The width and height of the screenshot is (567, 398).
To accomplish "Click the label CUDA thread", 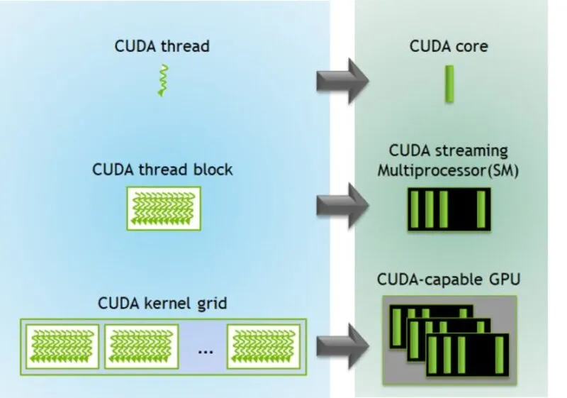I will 162,47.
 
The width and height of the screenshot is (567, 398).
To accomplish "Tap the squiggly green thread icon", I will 163,79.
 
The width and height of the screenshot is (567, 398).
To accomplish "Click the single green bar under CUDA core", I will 449,84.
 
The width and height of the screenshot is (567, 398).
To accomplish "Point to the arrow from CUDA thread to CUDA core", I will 342,82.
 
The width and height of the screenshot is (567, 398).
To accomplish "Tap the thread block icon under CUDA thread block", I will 163,208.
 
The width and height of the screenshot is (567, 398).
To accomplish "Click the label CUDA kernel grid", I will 162,304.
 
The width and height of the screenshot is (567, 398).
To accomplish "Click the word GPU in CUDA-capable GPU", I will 505,280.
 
